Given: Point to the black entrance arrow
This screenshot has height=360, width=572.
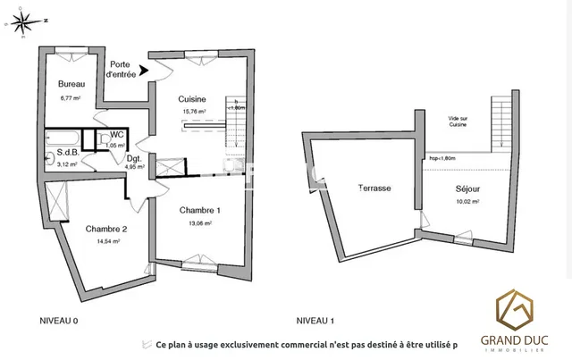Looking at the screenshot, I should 145,80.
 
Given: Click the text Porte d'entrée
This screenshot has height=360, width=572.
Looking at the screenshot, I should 122,70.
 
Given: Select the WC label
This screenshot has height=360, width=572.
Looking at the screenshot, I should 116,136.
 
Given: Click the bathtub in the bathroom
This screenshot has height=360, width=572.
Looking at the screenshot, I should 62,139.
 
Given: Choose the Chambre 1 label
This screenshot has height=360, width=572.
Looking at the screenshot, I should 199,210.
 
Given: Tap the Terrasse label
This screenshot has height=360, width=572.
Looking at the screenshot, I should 374,188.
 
